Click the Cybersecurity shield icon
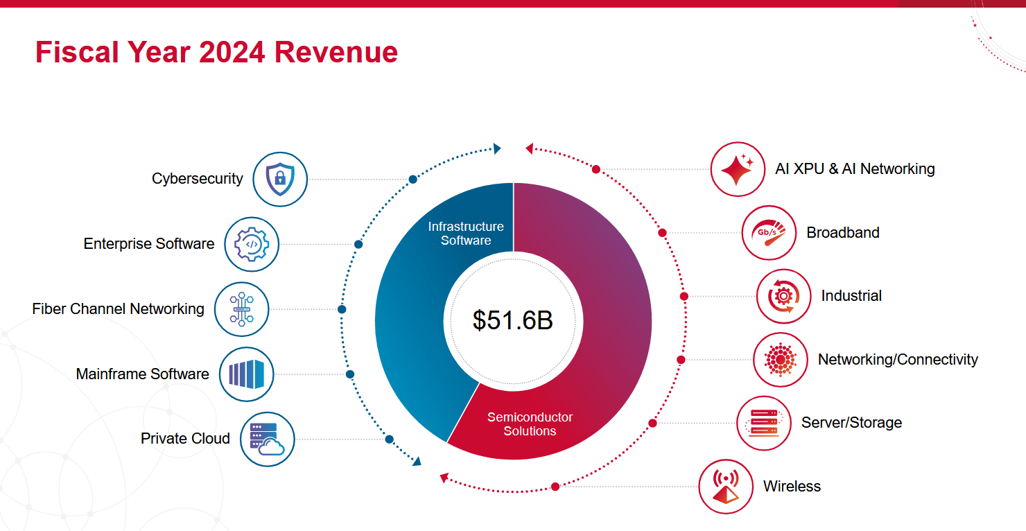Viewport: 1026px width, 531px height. click(x=279, y=179)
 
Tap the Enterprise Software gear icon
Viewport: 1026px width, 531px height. click(x=251, y=244)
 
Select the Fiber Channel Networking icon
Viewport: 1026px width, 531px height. click(x=241, y=309)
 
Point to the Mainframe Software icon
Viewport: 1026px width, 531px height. click(x=247, y=374)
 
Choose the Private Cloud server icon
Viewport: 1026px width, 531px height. click(x=268, y=439)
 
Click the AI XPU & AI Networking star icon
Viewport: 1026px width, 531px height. click(x=738, y=169)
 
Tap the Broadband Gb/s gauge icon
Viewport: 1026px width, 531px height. click(x=768, y=233)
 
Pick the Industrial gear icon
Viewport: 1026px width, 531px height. click(x=783, y=296)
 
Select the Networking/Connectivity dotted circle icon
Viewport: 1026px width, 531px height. click(x=781, y=360)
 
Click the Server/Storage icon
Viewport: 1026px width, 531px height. click(x=764, y=423)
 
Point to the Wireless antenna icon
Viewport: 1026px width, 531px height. click(x=726, y=487)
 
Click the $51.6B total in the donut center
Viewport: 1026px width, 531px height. click(x=513, y=320)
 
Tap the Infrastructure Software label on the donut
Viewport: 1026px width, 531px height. click(x=466, y=234)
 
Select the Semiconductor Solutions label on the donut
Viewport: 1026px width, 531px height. click(x=530, y=424)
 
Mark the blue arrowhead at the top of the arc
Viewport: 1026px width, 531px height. click(x=496, y=148)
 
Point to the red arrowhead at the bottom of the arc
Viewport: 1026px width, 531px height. click(x=444, y=478)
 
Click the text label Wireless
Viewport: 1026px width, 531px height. click(x=792, y=487)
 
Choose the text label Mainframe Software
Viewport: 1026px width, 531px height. click(x=142, y=374)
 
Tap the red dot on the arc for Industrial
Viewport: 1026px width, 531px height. click(x=684, y=296)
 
